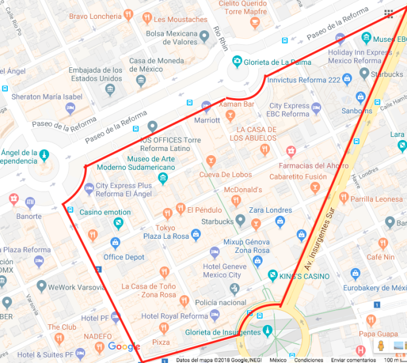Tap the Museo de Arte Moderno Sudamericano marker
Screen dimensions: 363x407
[163, 178]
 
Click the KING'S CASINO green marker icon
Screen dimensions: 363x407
[273, 276]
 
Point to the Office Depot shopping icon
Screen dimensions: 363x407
[115, 244]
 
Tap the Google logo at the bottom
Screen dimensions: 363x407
[124, 347]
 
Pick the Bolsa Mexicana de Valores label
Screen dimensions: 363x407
[172, 38]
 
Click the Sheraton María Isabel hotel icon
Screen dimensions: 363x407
[70, 108]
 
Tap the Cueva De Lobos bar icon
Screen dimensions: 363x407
[210, 161]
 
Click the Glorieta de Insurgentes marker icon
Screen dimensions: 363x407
[267, 332]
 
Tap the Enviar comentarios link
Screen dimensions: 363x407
[352, 359]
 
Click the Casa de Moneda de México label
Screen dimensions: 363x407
[156, 65]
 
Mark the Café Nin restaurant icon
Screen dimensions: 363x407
[383, 244]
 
